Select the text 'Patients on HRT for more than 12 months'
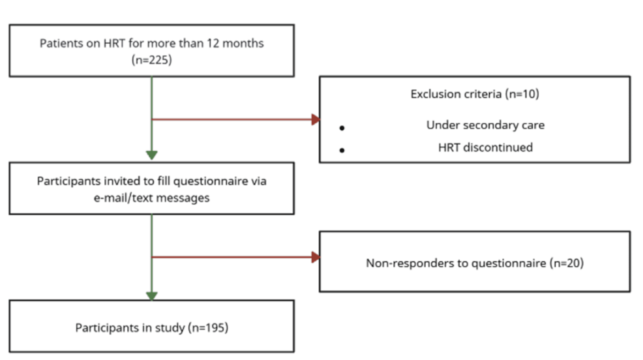pos(151,44)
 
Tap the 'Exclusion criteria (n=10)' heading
pos(474,94)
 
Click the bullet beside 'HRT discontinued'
pos(342,150)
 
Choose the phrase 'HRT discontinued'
pos(485,147)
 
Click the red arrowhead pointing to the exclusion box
pos(316,119)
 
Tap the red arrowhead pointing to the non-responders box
pos(316,257)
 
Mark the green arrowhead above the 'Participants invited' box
pos(151,155)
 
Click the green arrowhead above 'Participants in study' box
pos(151,295)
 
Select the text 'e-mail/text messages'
pos(151,197)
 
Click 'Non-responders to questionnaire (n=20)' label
pos(474,264)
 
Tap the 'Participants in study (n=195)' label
pos(151,327)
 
